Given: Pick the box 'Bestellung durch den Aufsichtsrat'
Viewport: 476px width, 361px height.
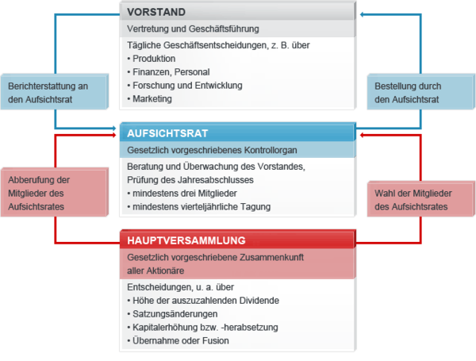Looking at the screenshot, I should click(417, 92).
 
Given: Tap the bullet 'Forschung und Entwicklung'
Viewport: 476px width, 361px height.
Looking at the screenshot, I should click(186, 86).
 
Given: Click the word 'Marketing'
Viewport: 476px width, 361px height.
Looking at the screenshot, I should click(152, 99).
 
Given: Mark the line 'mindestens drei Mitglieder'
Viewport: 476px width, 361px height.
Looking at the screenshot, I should click(187, 194).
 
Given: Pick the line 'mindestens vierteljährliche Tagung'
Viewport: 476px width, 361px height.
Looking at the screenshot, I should click(202, 207).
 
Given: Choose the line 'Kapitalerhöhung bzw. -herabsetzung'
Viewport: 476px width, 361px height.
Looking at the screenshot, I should click(205, 328).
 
